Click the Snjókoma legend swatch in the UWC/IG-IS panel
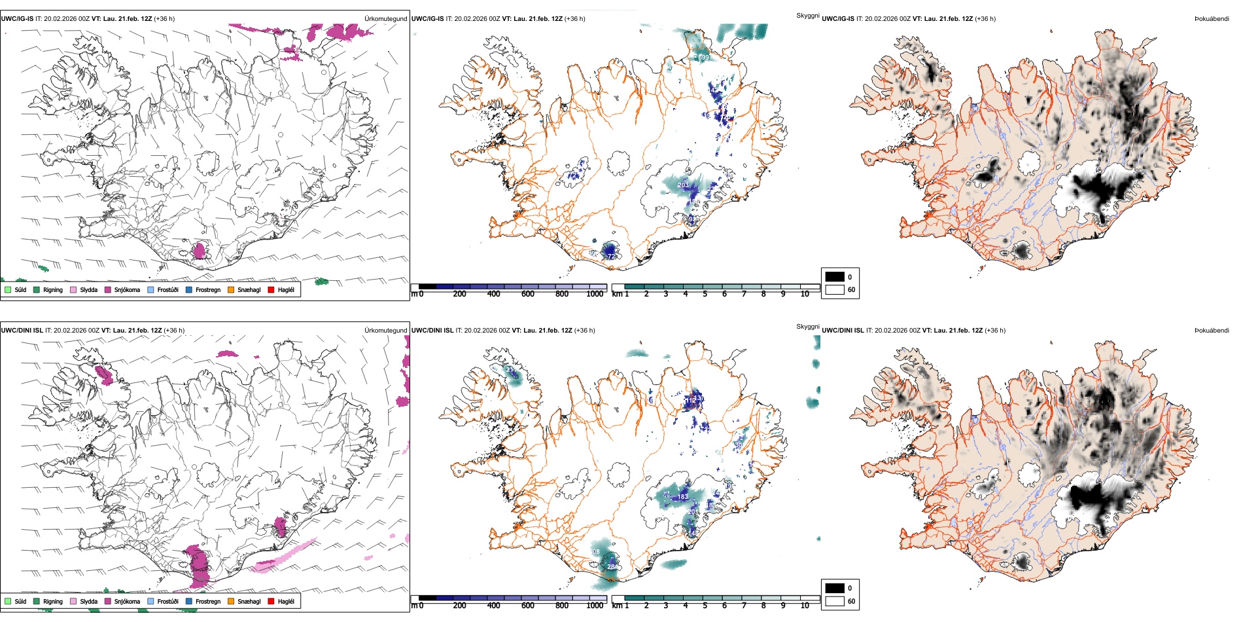click(x=108, y=289)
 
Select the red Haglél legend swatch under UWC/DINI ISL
click(x=271, y=601)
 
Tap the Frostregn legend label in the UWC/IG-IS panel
click(x=208, y=289)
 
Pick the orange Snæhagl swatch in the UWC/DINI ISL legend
click(x=231, y=601)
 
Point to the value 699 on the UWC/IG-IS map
click(x=703, y=58)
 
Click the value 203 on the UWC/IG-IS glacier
click(x=683, y=185)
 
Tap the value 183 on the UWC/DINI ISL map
click(x=683, y=497)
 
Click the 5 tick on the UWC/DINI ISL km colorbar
click(x=705, y=606)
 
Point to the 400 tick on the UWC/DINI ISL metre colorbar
click(x=493, y=606)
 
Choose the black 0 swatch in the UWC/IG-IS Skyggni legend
click(x=835, y=277)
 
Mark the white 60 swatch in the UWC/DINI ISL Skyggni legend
click(x=835, y=601)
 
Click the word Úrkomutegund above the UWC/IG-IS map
click(x=385, y=19)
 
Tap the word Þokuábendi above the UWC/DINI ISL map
click(x=1212, y=331)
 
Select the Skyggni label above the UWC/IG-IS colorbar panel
click(x=808, y=15)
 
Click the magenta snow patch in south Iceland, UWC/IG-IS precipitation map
click(x=200, y=251)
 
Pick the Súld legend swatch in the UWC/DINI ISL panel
click(x=8, y=601)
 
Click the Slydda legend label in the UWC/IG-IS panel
click(x=89, y=289)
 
